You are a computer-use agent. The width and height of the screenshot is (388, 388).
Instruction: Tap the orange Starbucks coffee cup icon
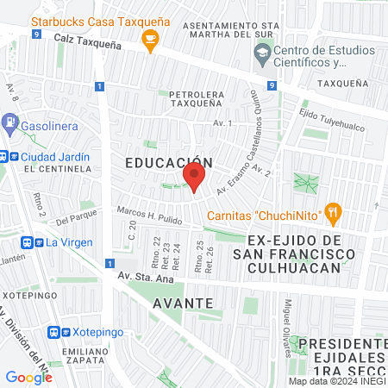coord(151,38)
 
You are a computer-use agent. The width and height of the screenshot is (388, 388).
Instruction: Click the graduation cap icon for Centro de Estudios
coord(263,53)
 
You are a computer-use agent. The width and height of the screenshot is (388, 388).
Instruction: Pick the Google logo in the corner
coord(28,377)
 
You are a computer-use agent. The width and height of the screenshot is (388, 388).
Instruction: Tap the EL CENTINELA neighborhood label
coord(59,169)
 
